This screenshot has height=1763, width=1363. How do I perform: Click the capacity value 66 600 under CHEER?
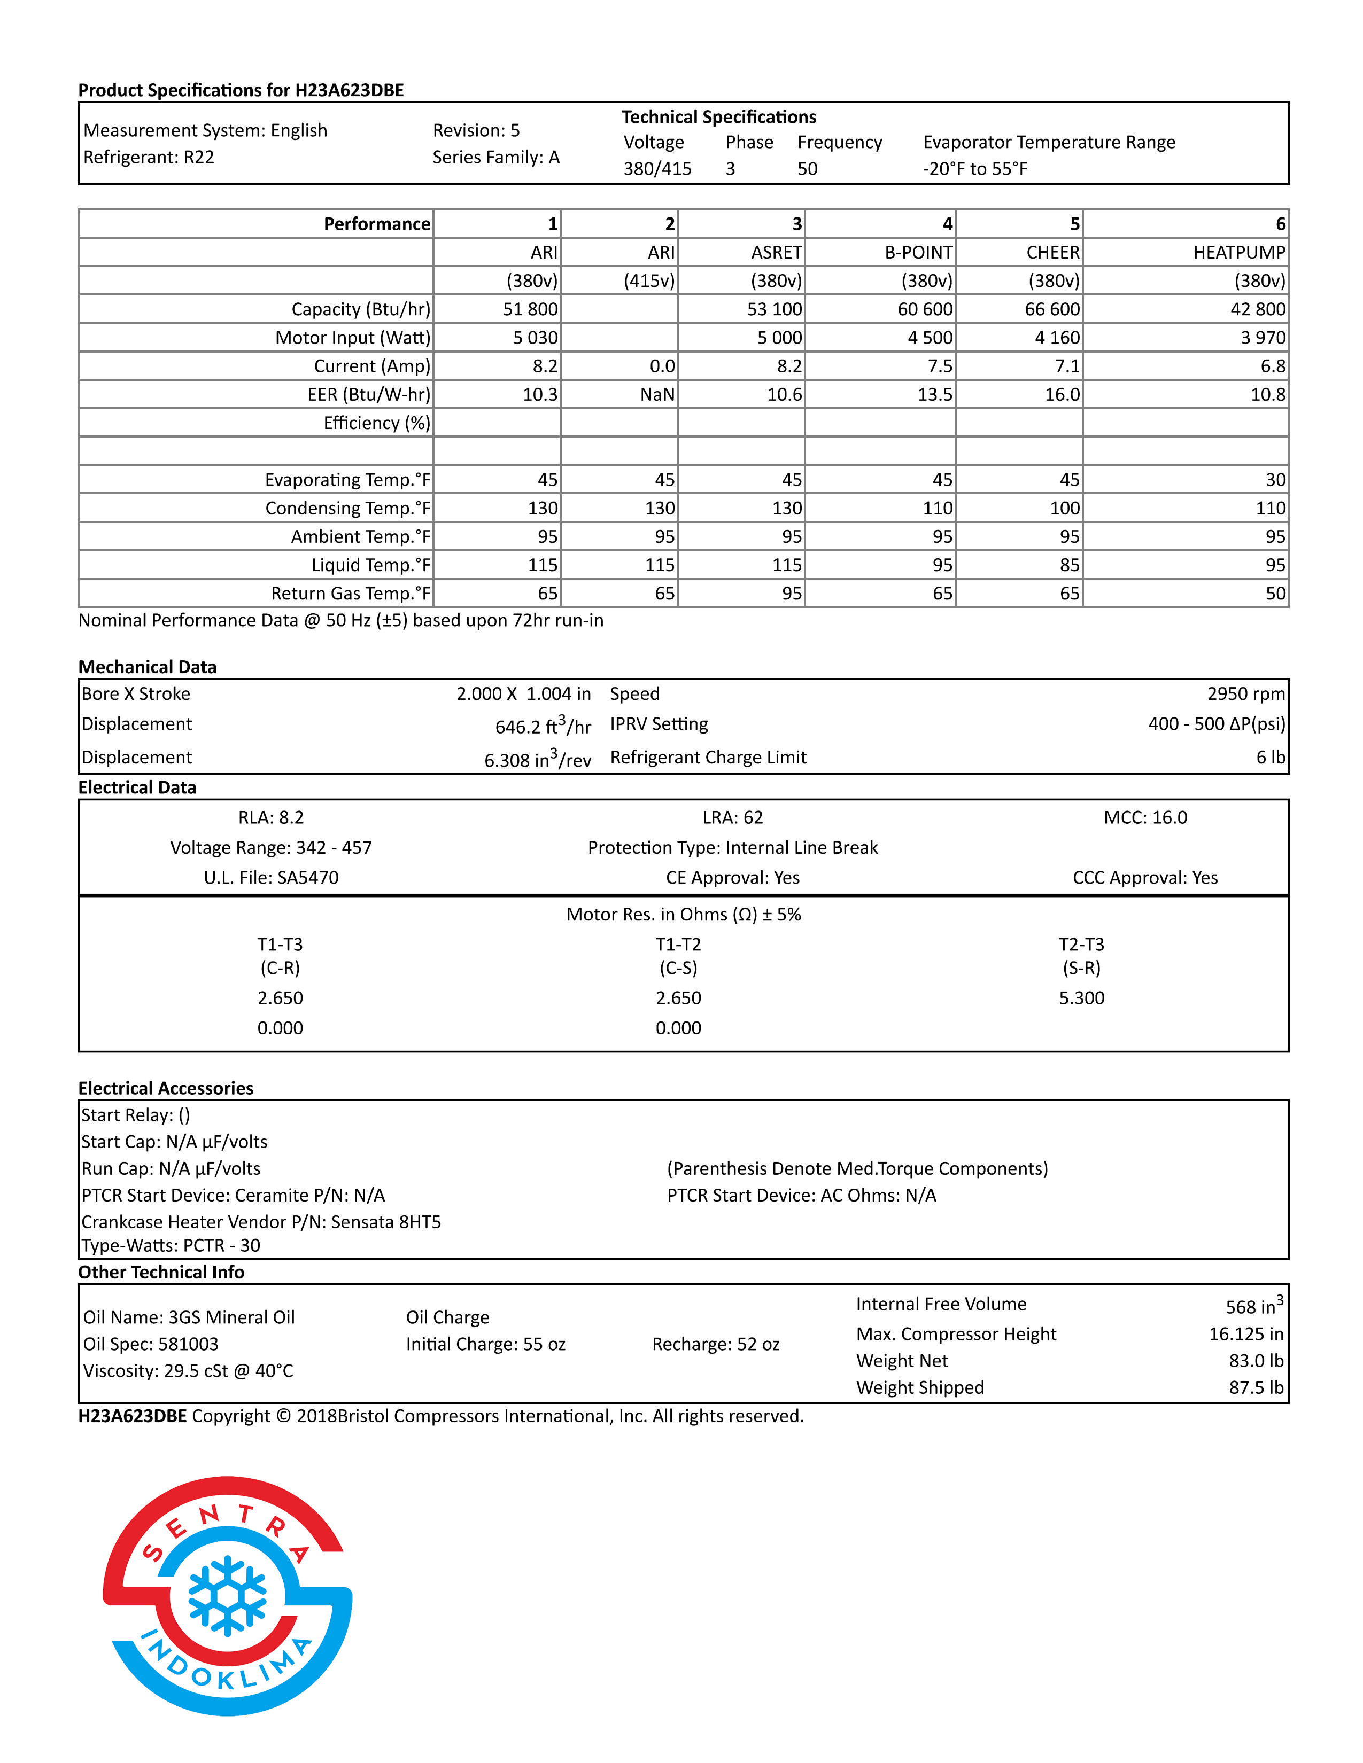[1052, 309]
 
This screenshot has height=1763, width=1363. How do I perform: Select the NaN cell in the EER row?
[657, 395]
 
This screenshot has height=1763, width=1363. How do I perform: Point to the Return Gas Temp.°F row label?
[351, 594]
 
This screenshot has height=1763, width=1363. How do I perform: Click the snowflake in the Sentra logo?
[227, 1594]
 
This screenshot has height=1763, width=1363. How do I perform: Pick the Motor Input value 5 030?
[536, 338]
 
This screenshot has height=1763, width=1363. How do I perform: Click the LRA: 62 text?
[732, 818]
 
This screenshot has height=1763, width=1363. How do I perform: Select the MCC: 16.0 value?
[1145, 818]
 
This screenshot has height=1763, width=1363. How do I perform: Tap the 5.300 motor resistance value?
[1081, 998]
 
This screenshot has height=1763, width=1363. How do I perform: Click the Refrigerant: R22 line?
[149, 158]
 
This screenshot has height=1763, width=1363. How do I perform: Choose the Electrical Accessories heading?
[166, 1088]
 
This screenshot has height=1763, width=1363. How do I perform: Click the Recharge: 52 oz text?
[715, 1344]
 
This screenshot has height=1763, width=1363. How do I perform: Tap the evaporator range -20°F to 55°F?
[974, 169]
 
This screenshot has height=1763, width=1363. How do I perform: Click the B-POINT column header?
[918, 253]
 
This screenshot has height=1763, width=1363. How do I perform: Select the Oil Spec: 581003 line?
[151, 1344]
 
